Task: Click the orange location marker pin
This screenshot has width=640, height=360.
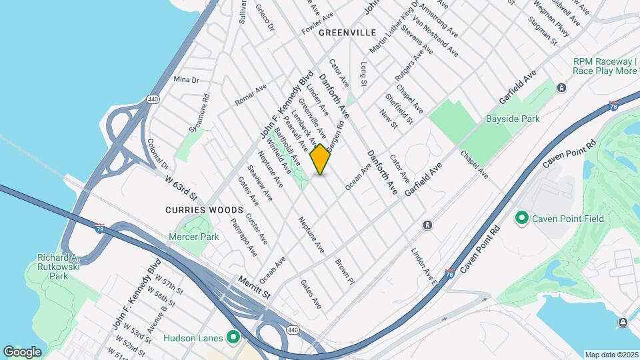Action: (321, 159)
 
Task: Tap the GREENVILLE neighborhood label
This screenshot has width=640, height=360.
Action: (347, 33)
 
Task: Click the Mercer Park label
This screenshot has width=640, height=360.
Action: (194, 237)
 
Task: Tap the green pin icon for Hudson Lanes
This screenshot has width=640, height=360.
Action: (233, 338)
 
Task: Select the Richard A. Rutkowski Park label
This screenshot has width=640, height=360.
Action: (50, 266)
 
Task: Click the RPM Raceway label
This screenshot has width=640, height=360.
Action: (605, 65)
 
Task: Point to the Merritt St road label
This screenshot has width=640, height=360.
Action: (255, 289)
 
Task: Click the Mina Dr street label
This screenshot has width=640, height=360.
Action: (186, 79)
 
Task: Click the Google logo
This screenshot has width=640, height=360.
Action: (22, 351)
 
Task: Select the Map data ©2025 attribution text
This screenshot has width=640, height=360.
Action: (611, 355)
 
